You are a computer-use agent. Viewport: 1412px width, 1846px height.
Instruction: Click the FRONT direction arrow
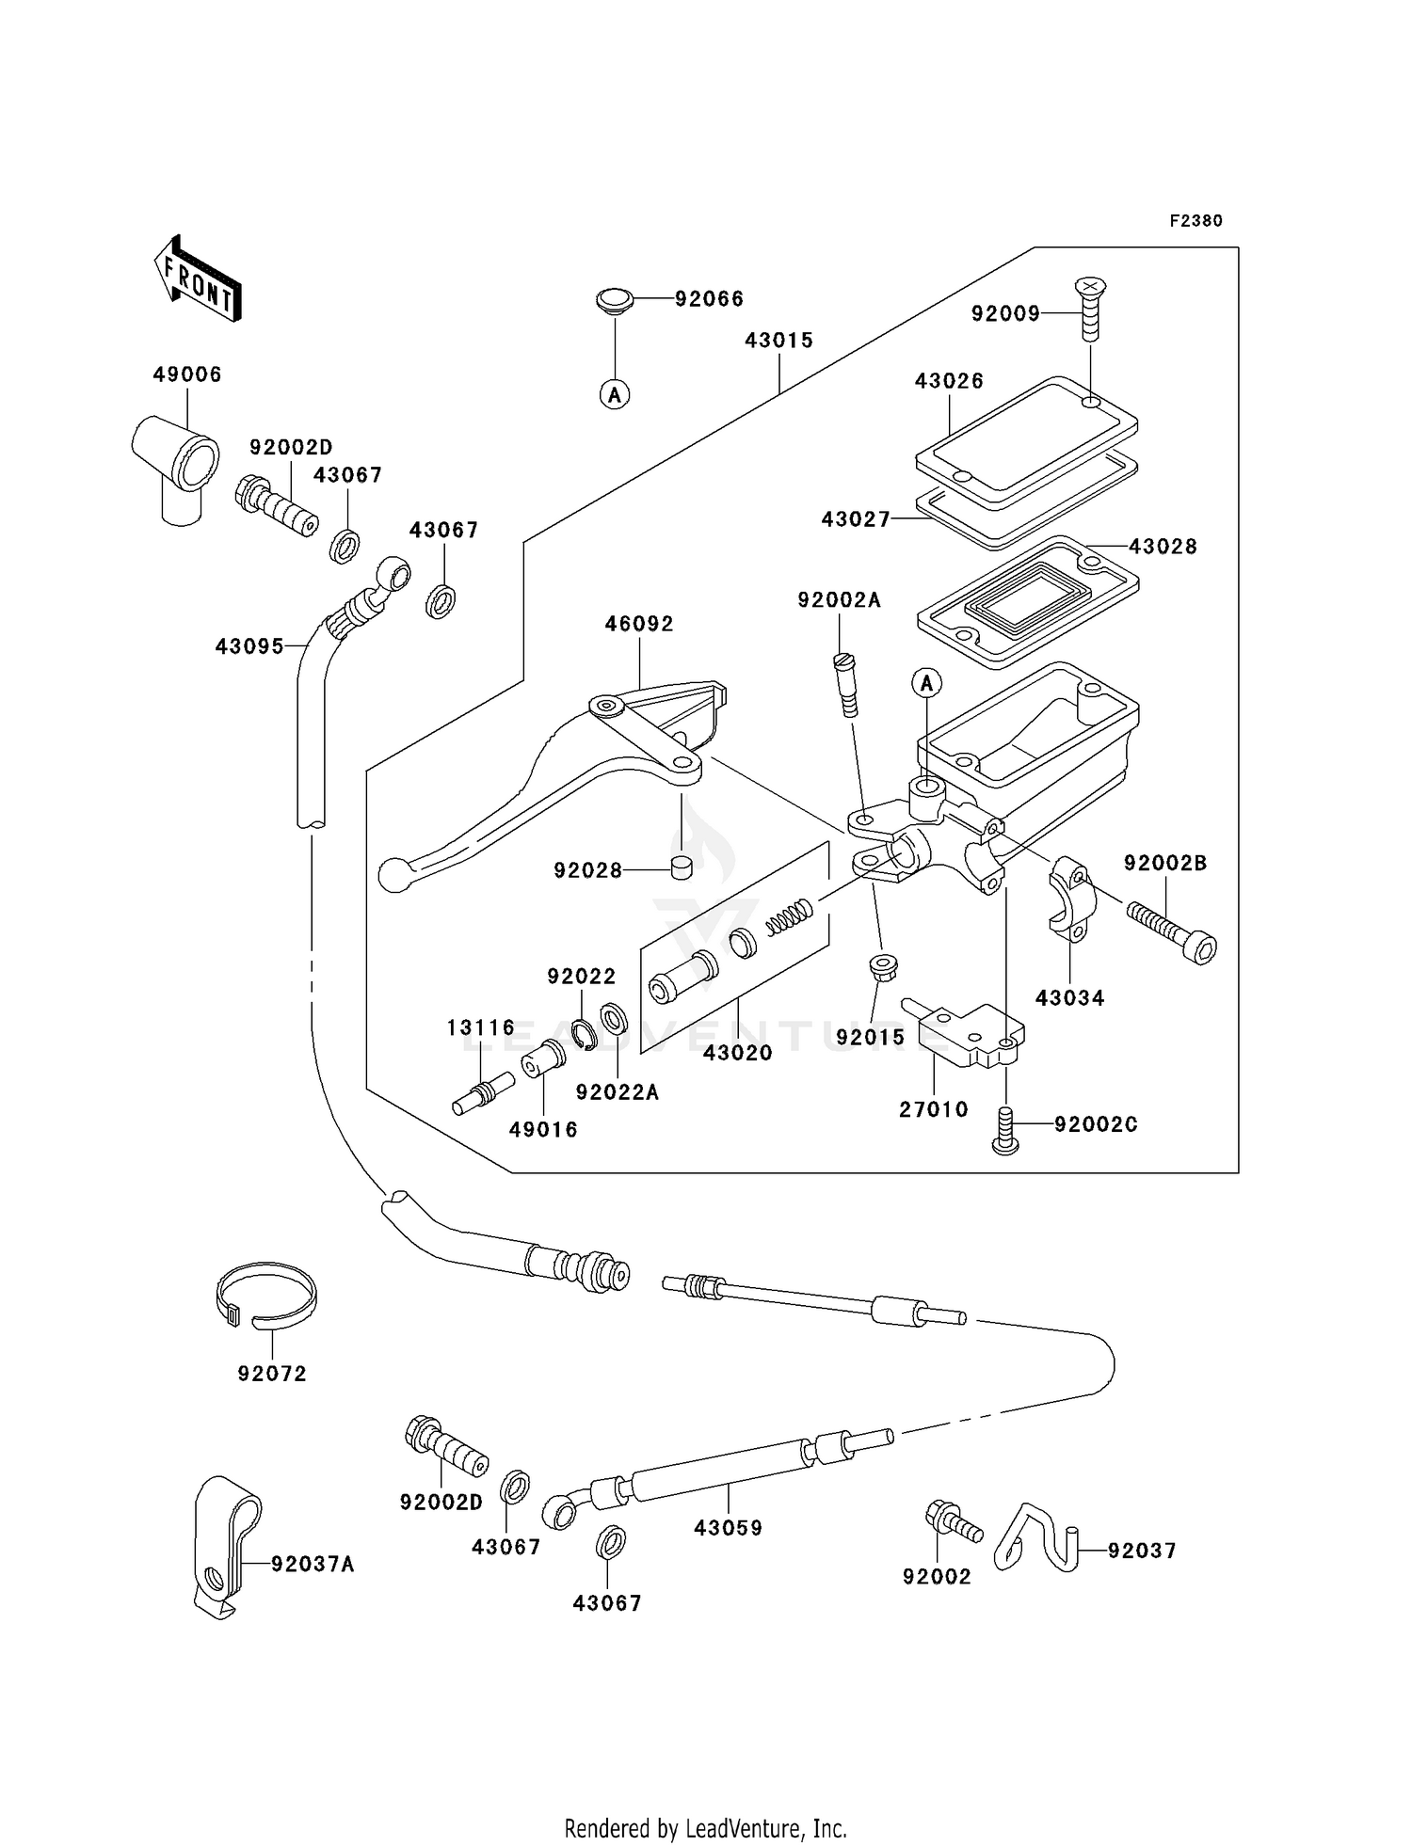198,278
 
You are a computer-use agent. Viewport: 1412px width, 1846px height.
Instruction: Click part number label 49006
187,374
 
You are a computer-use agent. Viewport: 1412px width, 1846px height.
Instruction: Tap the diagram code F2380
1195,221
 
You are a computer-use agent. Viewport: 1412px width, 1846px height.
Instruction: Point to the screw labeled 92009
1090,309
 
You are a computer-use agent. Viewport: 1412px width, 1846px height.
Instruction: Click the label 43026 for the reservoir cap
949,381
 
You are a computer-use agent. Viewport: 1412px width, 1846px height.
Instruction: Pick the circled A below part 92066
615,395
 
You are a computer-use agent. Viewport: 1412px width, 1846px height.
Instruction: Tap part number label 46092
639,624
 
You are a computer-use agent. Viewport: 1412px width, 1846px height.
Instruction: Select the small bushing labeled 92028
682,867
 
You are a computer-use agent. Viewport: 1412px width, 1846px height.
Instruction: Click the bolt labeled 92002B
1170,928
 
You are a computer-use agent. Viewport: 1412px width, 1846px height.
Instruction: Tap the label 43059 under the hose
728,1528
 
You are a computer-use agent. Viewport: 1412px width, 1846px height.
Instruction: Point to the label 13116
481,1027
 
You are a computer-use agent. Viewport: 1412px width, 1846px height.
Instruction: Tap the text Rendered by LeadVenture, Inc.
705,1828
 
